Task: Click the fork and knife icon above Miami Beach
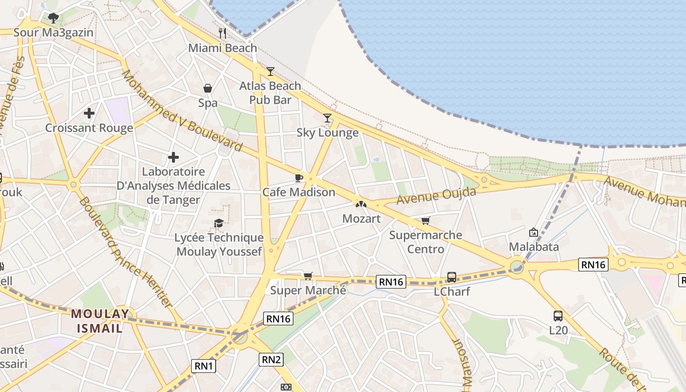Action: (x=222, y=33)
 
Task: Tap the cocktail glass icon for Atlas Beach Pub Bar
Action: (x=270, y=72)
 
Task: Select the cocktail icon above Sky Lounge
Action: (x=327, y=118)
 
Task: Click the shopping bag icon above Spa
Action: (x=208, y=88)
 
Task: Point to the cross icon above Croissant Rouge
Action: (x=89, y=113)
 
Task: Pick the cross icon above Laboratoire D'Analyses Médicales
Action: (x=173, y=157)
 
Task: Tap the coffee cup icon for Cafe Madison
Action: (x=298, y=178)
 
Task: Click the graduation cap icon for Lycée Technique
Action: (x=219, y=223)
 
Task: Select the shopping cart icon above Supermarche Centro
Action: (x=425, y=221)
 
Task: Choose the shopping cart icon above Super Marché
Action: (x=308, y=276)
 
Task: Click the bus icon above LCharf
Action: (x=452, y=277)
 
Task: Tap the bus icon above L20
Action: (x=558, y=316)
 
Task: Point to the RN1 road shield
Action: (x=203, y=366)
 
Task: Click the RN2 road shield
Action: (x=271, y=360)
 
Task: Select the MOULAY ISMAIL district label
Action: (x=100, y=320)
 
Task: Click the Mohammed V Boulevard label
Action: (x=182, y=111)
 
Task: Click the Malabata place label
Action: (x=534, y=246)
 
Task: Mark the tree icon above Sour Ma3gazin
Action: (x=53, y=18)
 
